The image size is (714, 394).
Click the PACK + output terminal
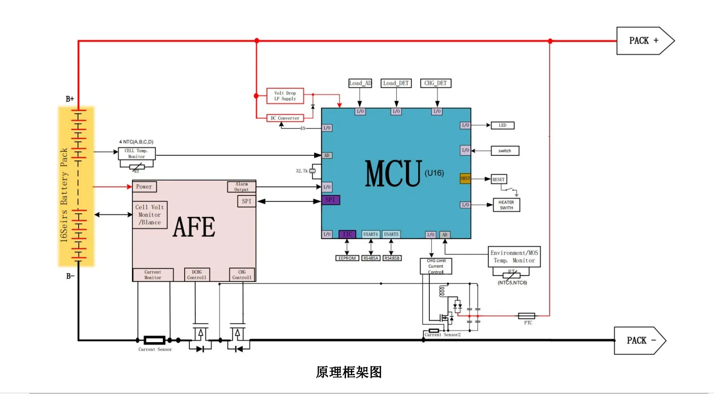pos(643,41)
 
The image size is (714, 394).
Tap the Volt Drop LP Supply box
pos(285,96)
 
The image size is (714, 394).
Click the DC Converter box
pos(285,118)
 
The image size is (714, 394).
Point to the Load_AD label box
pos(360,83)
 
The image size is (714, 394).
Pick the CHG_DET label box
pos(436,83)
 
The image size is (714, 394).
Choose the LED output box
pos(502,125)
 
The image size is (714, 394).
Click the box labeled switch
pos(504,151)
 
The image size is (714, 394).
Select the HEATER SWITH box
pos(506,205)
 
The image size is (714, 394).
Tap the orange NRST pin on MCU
pos(465,179)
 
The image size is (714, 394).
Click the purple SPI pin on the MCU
pos(330,200)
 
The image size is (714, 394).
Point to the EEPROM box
pos(347,258)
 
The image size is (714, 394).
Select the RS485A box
pos(371,258)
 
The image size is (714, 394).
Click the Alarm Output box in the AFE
pos(241,187)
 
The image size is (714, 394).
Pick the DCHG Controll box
pos(196,275)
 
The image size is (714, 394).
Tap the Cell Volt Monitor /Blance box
pos(150,215)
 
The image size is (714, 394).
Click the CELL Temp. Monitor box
pos(137,153)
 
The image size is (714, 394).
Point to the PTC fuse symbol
pos(526,316)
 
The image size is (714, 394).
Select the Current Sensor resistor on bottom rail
pos(154,340)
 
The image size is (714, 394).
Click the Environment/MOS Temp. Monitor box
pos(513,256)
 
